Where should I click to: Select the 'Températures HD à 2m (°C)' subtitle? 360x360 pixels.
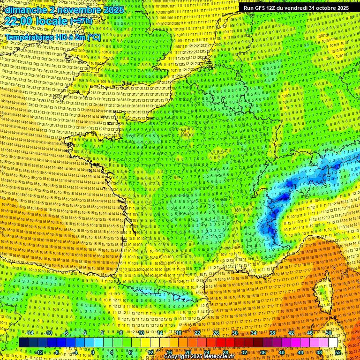53,37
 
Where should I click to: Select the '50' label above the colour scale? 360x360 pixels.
329,333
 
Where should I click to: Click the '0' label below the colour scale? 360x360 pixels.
93,352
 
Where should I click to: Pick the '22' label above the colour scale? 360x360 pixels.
197,333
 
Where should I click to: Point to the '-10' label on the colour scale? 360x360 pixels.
48,333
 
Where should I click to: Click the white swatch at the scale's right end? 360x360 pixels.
333,343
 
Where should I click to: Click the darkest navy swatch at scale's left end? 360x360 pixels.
23,343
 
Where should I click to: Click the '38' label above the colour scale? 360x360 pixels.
272,333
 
